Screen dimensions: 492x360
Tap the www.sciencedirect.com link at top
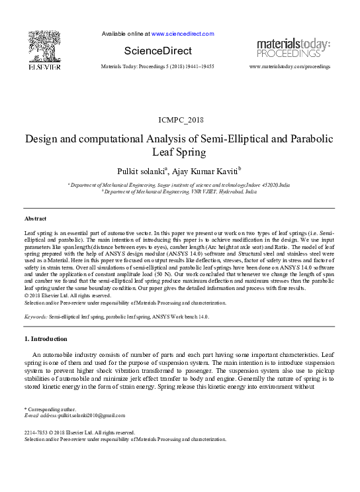pyautogui.click(x=183, y=34)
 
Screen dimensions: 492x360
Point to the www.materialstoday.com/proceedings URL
pyautogui.click(x=290, y=67)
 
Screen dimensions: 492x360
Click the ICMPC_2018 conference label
pyautogui.click(x=180, y=120)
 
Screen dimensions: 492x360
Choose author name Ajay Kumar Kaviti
pyautogui.click(x=207, y=172)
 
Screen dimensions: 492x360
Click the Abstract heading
pyautogui.click(x=35, y=218)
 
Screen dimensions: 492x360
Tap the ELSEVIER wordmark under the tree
pyautogui.click(x=44, y=66)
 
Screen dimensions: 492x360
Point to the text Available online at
pyautogui.click(x=126, y=34)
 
